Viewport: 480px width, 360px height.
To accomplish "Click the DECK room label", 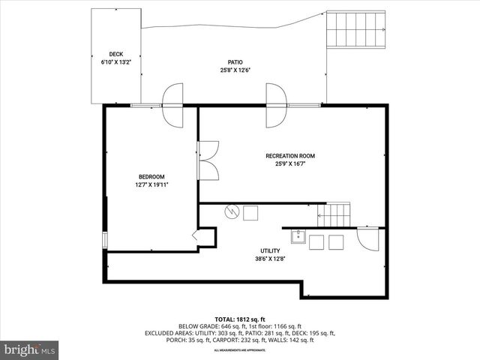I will pyautogui.click(x=115, y=54).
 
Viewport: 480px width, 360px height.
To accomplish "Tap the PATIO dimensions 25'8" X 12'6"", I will pyautogui.click(x=235, y=70).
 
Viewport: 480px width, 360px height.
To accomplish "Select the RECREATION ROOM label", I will pyautogui.click(x=289, y=156).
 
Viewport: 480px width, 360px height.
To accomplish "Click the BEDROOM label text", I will pyautogui.click(x=151, y=177).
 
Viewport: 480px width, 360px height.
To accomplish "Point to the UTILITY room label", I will pyautogui.click(x=270, y=251).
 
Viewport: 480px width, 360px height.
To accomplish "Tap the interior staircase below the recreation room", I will pyautogui.click(x=335, y=215).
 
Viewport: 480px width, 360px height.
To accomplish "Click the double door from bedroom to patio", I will pyautogui.click(x=172, y=105).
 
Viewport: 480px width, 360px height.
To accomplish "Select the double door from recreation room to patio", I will pyautogui.click(x=275, y=105).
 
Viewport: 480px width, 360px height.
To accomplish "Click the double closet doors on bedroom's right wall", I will pyautogui.click(x=208, y=159).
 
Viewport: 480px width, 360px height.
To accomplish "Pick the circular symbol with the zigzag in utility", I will pyautogui.click(x=232, y=212).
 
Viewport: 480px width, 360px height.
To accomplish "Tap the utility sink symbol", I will pyautogui.click(x=297, y=238).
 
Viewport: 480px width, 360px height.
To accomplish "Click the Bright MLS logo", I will pyautogui.click(x=30, y=349).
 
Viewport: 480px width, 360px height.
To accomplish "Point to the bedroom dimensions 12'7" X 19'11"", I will pyautogui.click(x=151, y=184).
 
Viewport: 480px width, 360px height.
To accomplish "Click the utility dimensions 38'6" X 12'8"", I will pyautogui.click(x=270, y=259).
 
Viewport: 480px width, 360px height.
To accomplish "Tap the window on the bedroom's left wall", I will pyautogui.click(x=105, y=239).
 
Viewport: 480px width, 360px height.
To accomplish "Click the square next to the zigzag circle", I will pyautogui.click(x=250, y=213).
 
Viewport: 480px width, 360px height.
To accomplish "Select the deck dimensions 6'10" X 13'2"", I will pyautogui.click(x=115, y=62).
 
